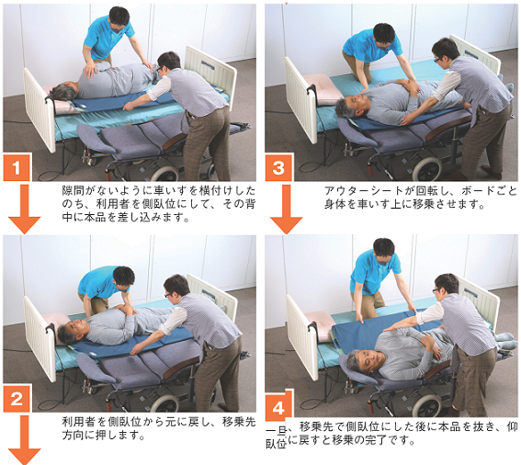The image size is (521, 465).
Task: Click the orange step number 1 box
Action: [x=17, y=167]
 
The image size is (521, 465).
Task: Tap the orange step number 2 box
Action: [x=17, y=398]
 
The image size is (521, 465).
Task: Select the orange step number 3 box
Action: [x=278, y=167]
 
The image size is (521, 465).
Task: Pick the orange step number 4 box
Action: [x=278, y=405]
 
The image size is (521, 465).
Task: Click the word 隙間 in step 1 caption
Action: [x=74, y=190]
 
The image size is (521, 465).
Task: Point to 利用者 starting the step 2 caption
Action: [x=79, y=422]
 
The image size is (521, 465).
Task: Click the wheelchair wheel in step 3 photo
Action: [x=427, y=169]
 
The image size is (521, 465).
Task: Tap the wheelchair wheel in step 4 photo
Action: [x=428, y=406]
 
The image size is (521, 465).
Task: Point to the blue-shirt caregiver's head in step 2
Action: [x=124, y=278]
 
